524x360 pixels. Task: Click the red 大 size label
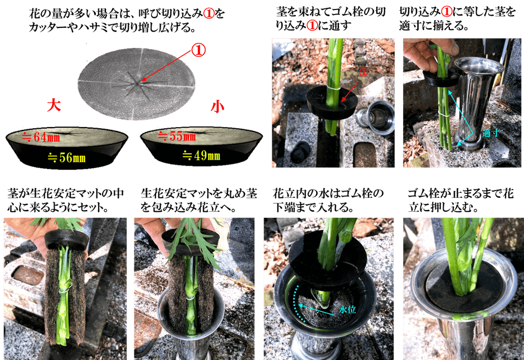pos(54,105)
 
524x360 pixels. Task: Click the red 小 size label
pos(217,106)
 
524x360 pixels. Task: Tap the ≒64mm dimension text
pos(41,137)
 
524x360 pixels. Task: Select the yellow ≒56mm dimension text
pos(66,158)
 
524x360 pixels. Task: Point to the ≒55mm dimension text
pos(177,136)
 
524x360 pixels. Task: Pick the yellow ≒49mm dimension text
pos(201,155)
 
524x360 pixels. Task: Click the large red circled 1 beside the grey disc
pos(198,50)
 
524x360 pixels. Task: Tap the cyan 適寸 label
pos(490,133)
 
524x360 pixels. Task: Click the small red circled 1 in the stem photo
pos(363,72)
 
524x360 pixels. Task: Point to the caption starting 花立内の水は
pos(328,200)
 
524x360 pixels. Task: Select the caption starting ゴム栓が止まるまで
pos(460,200)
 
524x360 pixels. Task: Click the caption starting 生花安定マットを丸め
pos(199,200)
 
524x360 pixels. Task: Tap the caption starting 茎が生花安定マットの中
pos(66,200)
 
